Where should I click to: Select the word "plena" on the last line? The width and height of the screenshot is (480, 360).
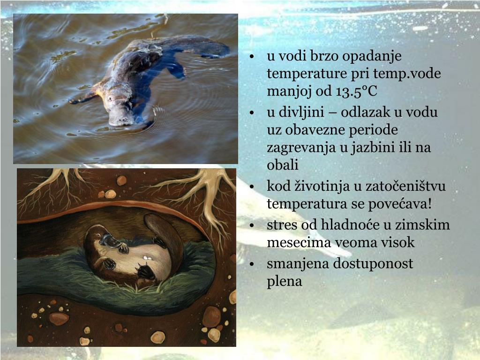click(285, 281)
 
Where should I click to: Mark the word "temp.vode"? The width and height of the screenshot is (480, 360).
click(411, 74)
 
